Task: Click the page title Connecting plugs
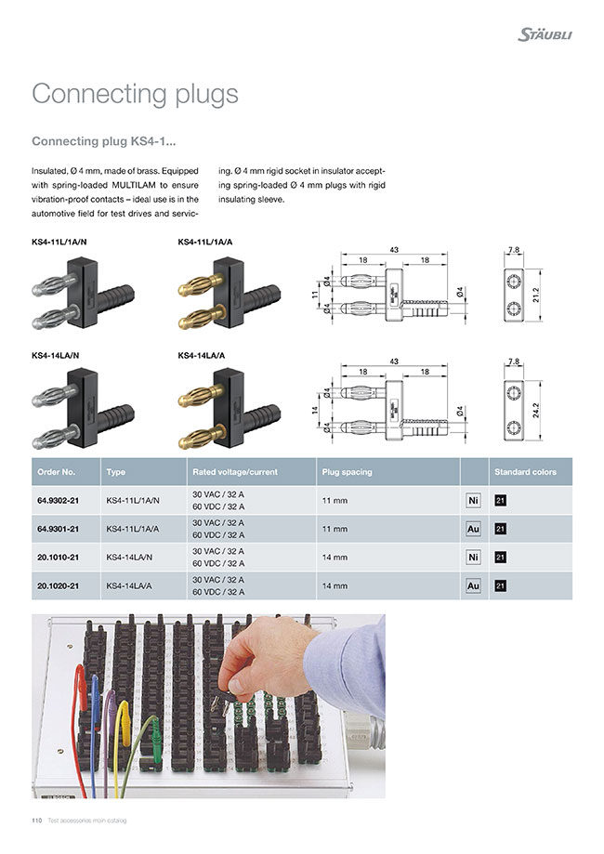(135, 94)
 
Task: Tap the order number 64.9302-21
(58, 500)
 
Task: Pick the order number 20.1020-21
(58, 585)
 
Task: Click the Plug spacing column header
(347, 472)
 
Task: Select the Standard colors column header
(525, 472)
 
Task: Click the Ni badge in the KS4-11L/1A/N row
(472, 501)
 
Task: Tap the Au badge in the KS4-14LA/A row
(472, 586)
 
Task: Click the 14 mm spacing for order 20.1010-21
(335, 558)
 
